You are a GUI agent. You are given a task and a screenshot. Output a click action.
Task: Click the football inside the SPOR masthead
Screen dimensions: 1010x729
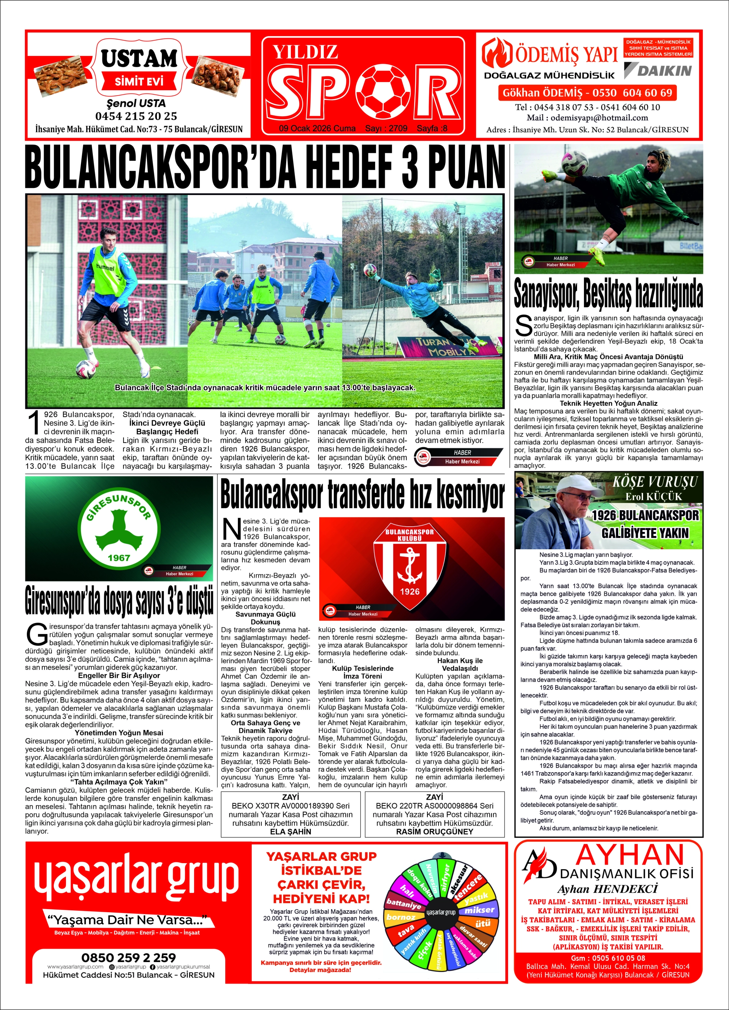tap(386, 91)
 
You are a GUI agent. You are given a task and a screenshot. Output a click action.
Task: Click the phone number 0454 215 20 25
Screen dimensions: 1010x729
tap(136, 116)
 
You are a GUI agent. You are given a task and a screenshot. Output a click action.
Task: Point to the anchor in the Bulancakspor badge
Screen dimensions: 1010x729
tap(409, 565)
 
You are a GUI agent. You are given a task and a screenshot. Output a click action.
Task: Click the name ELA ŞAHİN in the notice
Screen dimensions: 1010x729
tap(290, 831)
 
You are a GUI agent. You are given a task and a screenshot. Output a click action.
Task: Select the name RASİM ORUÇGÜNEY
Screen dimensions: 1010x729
tap(435, 831)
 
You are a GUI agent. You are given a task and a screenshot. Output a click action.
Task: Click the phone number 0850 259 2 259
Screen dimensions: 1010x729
tap(128, 957)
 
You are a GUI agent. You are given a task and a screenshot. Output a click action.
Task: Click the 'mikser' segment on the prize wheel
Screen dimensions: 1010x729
tap(479, 910)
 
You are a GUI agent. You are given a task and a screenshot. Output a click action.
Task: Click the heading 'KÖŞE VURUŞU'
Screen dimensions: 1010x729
tap(655, 483)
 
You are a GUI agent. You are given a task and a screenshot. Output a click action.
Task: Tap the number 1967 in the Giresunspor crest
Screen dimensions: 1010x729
tap(119, 557)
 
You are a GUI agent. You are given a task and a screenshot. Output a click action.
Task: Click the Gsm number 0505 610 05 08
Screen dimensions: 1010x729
tap(608, 957)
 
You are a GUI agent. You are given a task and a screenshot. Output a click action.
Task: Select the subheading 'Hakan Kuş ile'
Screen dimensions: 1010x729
tap(460, 661)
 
